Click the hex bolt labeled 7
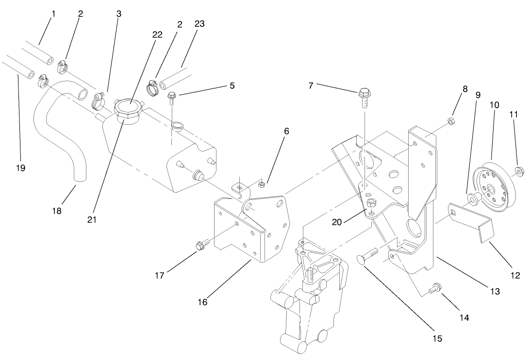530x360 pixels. (x=364, y=98)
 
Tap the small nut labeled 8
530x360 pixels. (x=450, y=121)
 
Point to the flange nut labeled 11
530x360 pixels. (x=517, y=170)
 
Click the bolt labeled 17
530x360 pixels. (x=201, y=245)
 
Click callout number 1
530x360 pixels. (x=53, y=14)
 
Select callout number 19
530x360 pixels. (x=20, y=168)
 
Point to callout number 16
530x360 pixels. (x=202, y=302)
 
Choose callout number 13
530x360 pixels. (x=495, y=292)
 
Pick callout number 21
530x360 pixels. (x=92, y=219)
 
